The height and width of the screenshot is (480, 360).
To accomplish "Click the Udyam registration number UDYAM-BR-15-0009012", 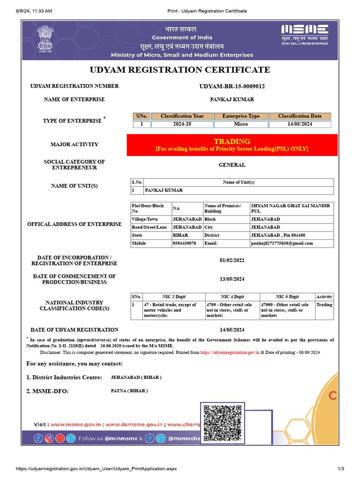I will click(232, 86).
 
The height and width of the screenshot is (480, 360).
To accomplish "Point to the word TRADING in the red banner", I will click(232, 141).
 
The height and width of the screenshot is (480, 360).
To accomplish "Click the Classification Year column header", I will click(182, 116).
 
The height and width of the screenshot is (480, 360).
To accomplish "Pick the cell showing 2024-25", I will click(182, 124).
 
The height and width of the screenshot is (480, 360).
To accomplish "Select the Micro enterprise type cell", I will click(241, 124).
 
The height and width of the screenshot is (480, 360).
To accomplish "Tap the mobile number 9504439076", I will click(185, 243).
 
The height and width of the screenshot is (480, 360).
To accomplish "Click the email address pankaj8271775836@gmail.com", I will click(282, 243).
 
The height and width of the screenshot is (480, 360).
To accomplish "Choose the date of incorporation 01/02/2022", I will click(232, 260).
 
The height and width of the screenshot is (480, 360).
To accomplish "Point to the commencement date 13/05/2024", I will click(232, 279).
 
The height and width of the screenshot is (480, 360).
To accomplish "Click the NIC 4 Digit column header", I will click(232, 297).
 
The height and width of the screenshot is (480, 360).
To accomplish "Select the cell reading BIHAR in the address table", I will click(180, 235).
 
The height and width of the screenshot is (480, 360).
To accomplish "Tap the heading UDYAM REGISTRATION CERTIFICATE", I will click(180, 70).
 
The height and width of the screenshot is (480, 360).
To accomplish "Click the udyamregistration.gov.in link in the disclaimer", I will click(230, 352).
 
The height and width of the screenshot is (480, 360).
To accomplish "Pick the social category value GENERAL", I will click(232, 165).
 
